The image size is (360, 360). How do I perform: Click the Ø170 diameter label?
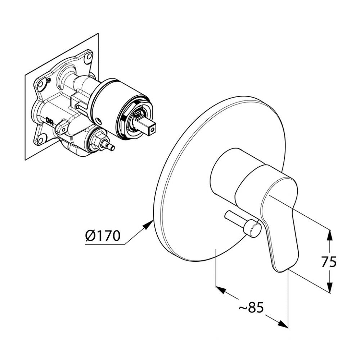pos(103,236)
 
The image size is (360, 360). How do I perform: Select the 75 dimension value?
pos(329,262)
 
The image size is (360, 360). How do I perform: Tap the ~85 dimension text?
pos(251,308)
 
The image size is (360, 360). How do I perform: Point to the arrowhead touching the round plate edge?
pos(147,225)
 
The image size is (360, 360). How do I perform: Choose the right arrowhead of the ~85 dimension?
pos(283,324)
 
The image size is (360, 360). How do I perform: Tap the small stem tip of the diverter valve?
pos(112,148)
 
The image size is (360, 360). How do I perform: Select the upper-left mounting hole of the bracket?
pos(41,84)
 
